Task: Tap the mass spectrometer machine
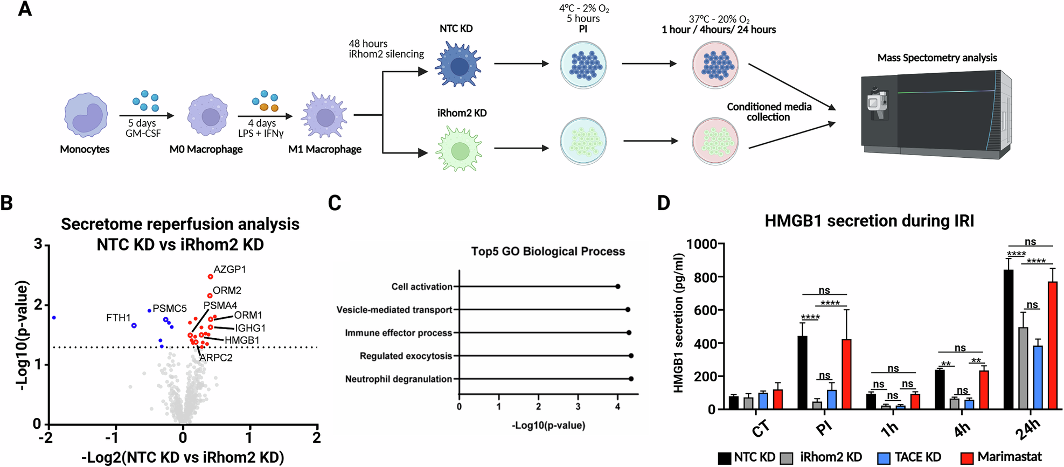pos(935,115)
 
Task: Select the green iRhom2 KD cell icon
pos(458,149)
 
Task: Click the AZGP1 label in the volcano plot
pos(230,269)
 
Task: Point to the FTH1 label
pos(119,318)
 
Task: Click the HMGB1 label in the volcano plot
pos(242,340)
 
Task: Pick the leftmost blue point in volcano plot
pos(54,318)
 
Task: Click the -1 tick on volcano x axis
pos(114,437)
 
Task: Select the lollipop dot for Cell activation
pos(617,287)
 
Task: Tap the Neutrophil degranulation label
pos(398,379)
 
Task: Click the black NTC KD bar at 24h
pos(1009,339)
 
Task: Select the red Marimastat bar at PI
pos(846,374)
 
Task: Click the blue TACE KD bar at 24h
pos(1038,377)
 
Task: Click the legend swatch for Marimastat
pos(967,457)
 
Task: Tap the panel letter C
pos(334,203)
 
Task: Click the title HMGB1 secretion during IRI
pos(869,221)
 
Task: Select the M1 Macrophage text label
pos(324,149)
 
